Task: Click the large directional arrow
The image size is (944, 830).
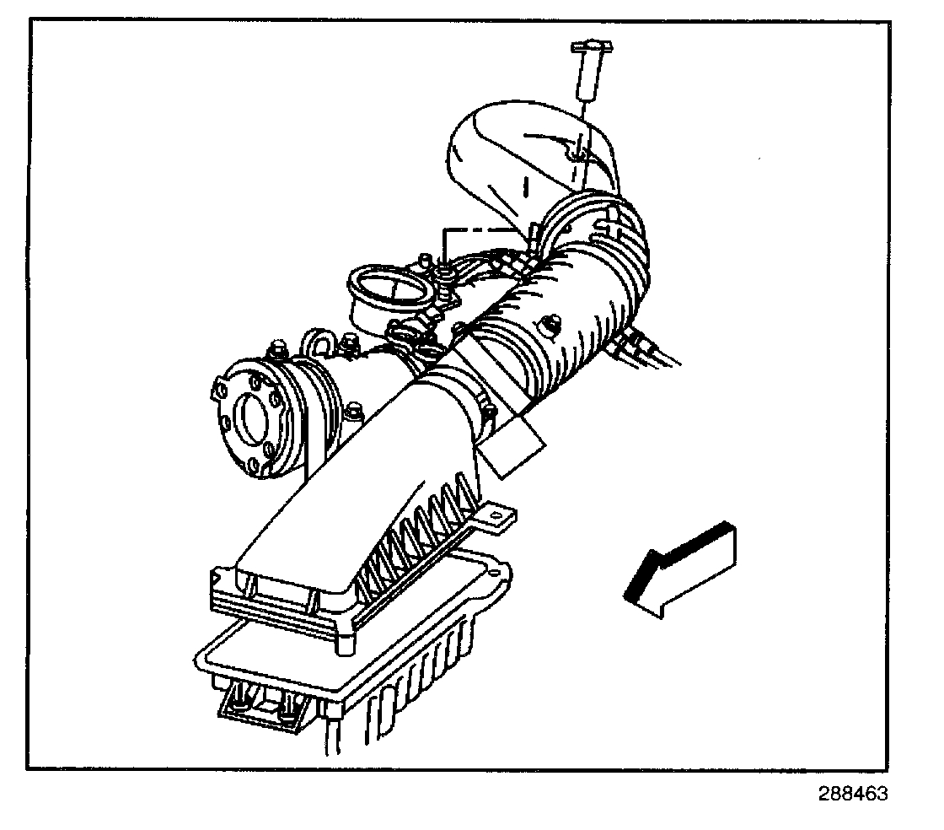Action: click(x=683, y=567)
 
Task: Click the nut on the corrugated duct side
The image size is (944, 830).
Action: click(x=554, y=321)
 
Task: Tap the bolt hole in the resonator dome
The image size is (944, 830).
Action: click(x=575, y=154)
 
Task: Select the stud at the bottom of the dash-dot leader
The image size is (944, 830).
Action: click(x=443, y=271)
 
